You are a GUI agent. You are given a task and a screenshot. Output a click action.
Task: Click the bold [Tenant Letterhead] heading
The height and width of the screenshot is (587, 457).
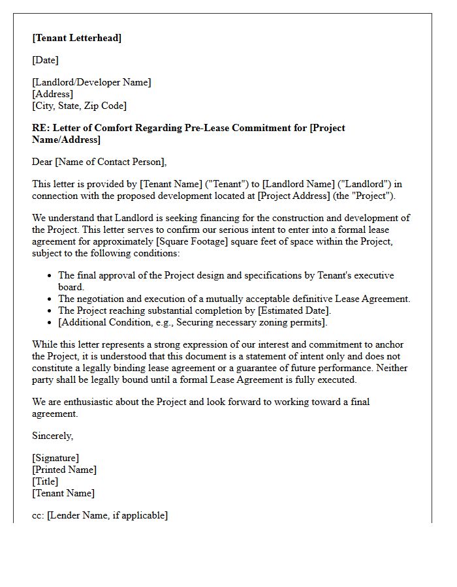[x=76, y=38]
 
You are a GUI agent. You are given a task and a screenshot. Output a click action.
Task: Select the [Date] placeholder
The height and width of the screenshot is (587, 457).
[x=45, y=60]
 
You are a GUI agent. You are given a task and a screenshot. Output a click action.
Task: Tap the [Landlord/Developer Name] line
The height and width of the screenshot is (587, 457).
[x=91, y=82]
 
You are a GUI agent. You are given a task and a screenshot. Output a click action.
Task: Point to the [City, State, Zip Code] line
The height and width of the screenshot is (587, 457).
[x=79, y=106]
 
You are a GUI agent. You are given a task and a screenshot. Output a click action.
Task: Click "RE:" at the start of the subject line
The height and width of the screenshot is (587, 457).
[x=40, y=128]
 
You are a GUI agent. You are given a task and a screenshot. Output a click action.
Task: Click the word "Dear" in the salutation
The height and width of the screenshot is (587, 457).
[x=43, y=162]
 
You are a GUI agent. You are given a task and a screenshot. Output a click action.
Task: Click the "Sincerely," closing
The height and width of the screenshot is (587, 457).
[x=53, y=436]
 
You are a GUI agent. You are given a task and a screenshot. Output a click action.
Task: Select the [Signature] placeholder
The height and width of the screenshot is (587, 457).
[x=55, y=458]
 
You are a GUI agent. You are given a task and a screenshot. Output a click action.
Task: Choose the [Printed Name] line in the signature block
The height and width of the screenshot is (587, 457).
[x=64, y=470]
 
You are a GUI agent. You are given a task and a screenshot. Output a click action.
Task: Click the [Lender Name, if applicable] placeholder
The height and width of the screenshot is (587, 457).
[x=107, y=515]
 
